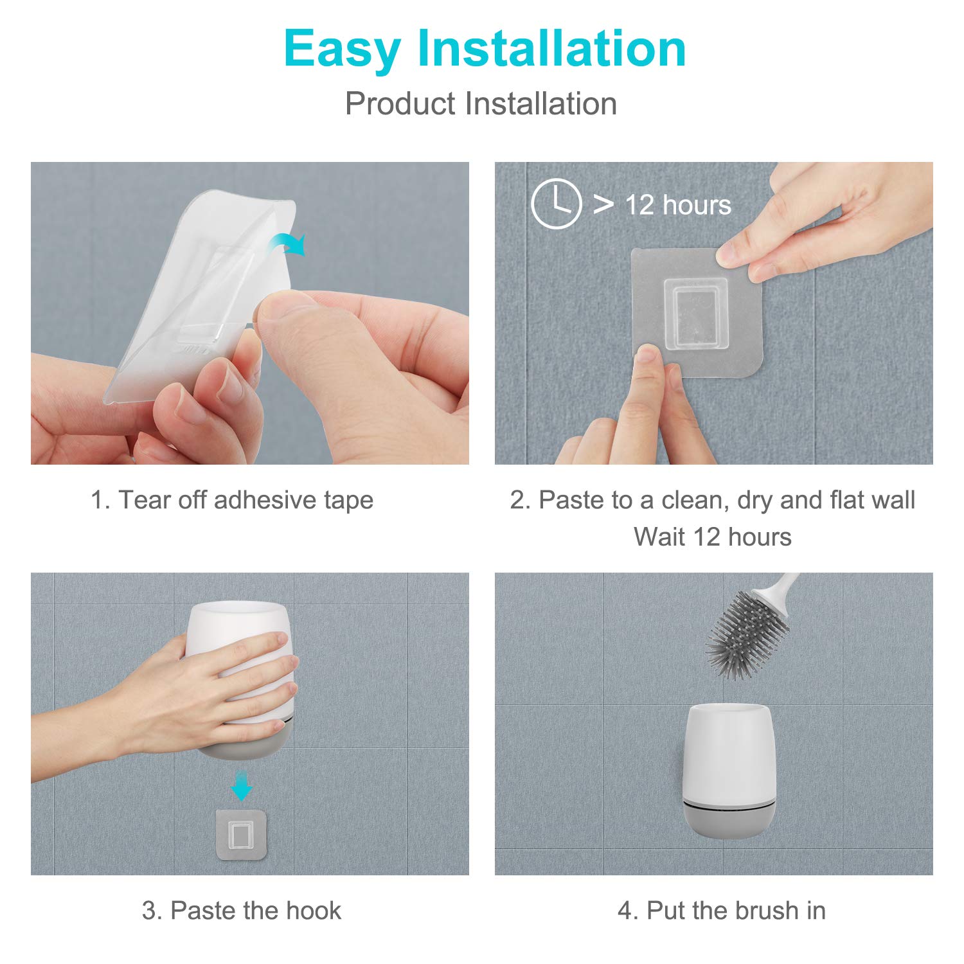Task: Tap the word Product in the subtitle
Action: [x=400, y=103]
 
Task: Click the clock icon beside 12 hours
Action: [x=556, y=204]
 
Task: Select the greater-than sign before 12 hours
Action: [x=603, y=204]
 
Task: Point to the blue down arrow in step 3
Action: [x=241, y=785]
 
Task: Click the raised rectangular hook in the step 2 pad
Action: [x=695, y=314]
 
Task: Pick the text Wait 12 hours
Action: [x=713, y=537]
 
